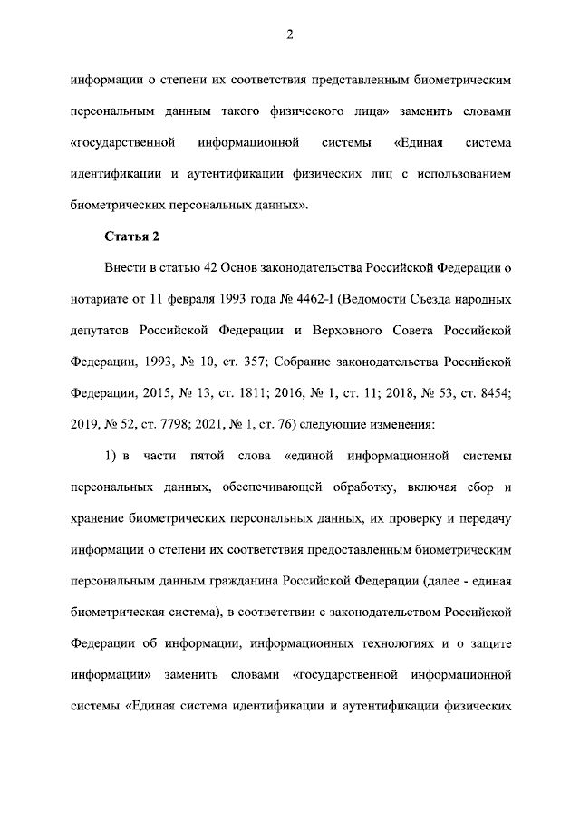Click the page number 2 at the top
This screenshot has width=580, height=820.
coord(289,35)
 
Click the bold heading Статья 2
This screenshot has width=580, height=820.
coord(131,237)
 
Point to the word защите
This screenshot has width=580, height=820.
coord(489,643)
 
